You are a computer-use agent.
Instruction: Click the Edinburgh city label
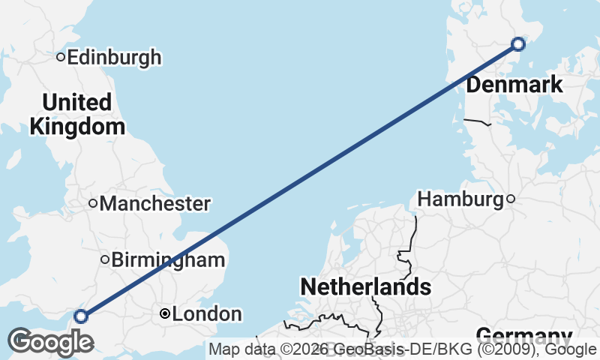(114, 57)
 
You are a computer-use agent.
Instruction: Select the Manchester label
(154, 203)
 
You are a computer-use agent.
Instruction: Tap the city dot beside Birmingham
(105, 260)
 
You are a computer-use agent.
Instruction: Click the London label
(207, 314)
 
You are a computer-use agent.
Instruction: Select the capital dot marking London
(165, 314)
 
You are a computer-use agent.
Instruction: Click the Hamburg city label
(460, 199)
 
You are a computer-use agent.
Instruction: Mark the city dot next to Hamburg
(511, 199)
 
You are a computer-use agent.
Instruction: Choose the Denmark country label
(514, 85)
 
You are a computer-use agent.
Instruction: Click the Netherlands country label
(365, 286)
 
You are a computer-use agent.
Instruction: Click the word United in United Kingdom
(76, 102)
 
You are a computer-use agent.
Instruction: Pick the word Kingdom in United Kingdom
(77, 126)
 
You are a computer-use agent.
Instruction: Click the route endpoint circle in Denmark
(518, 44)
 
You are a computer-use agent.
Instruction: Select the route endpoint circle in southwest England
(81, 316)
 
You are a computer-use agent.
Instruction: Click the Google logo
(50, 342)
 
